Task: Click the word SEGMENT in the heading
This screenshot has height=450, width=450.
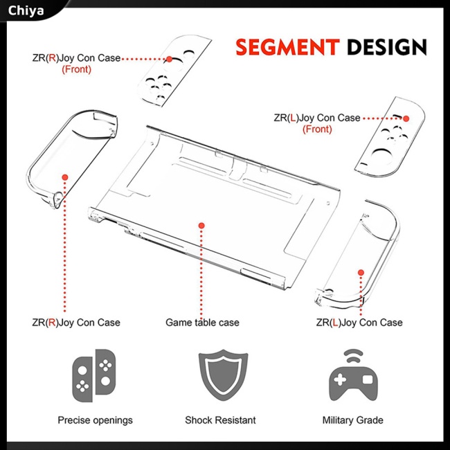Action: pyautogui.click(x=287, y=47)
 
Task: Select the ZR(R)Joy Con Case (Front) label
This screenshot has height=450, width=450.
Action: pyautogui.click(x=76, y=63)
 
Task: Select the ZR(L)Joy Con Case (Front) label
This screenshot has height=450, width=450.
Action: pyautogui.click(x=317, y=123)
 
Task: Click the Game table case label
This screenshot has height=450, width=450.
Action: pyautogui.click(x=202, y=323)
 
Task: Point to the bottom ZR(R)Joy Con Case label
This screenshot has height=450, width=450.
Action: pyautogui.click(x=76, y=323)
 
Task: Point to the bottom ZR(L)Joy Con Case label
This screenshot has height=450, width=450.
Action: pyautogui.click(x=359, y=323)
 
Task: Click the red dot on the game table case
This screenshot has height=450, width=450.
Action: pyautogui.click(x=201, y=225)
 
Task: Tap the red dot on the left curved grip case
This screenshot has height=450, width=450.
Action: pyautogui.click(x=65, y=177)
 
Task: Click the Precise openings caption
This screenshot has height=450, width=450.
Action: pyautogui.click(x=95, y=420)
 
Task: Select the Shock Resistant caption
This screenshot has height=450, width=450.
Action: pyautogui.click(x=220, y=420)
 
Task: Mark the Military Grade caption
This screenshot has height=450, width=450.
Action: pyautogui.click(x=352, y=420)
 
